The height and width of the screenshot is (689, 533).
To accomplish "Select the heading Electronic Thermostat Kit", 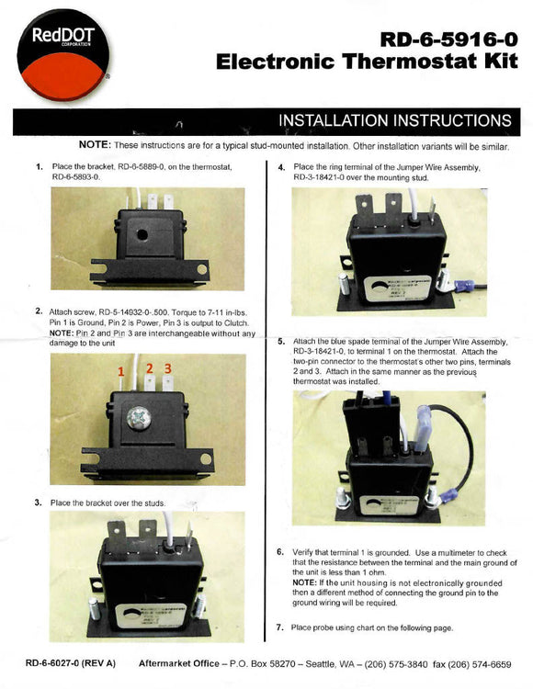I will tap(363, 62).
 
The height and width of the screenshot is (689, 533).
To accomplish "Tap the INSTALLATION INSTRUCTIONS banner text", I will tap(394, 121).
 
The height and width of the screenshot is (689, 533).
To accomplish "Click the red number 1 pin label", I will tap(119, 371).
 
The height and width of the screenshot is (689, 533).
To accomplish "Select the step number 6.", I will tap(280, 552).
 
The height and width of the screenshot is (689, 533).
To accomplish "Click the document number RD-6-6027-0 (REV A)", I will tap(69, 661).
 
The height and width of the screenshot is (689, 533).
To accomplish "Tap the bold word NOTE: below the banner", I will tap(95, 146).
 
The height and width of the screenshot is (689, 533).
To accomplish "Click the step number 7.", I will tap(280, 627).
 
